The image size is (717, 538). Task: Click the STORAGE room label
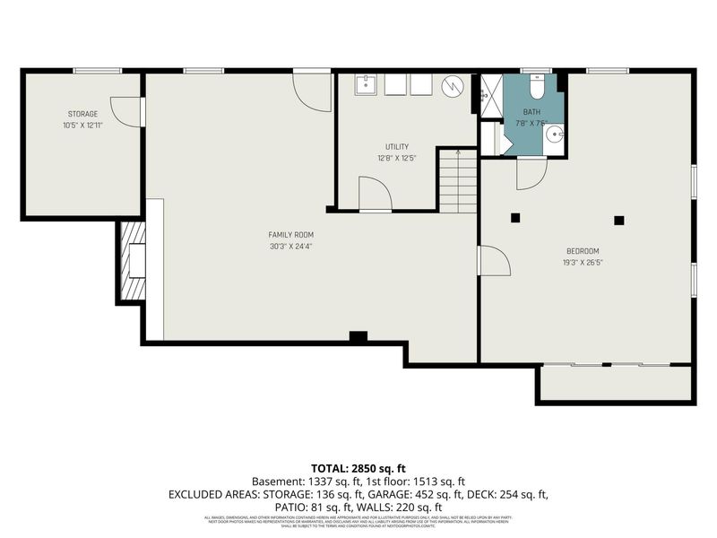point(82,114)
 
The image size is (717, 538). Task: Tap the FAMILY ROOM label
point(291,235)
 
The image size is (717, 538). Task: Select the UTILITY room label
point(397,147)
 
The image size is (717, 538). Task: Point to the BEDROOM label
point(583,251)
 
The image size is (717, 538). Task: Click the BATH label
point(533,112)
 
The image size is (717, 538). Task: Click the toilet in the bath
point(537,88)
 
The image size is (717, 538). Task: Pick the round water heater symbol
point(454,87)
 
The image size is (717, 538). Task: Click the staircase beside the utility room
point(457,179)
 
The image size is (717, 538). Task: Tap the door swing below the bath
point(531,172)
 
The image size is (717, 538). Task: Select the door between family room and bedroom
point(494,261)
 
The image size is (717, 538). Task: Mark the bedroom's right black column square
point(618,220)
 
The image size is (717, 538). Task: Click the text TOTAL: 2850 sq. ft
point(358,468)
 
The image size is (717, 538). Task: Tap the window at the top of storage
point(98,71)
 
